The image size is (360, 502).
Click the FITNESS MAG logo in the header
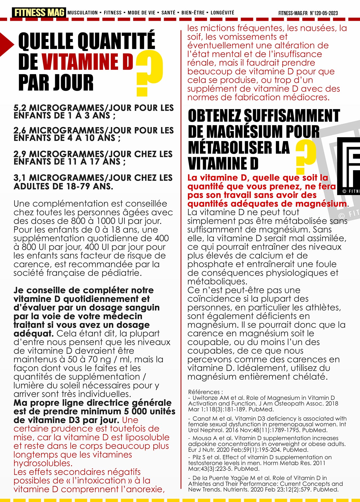click(x=39, y=13)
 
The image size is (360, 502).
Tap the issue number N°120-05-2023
click(x=324, y=13)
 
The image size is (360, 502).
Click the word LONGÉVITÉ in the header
click(x=222, y=13)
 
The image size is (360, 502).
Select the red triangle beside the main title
click(x=6, y=44)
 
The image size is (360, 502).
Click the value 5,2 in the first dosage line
click(x=20, y=108)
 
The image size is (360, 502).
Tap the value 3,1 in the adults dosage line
click(x=20, y=178)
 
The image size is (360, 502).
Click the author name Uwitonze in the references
click(x=205, y=398)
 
